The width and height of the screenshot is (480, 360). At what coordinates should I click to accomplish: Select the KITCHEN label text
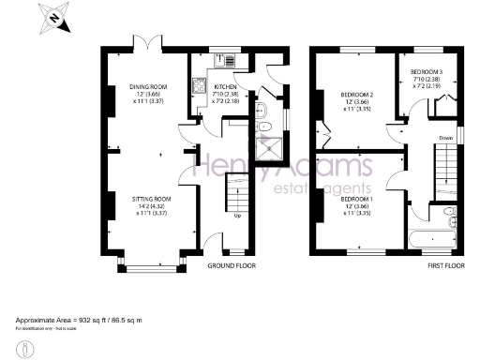click(224, 86)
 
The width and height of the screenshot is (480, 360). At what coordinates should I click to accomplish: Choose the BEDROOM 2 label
click(357, 94)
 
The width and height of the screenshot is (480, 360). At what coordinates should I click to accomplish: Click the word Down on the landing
click(446, 139)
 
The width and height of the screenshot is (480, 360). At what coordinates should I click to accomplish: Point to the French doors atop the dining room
click(147, 45)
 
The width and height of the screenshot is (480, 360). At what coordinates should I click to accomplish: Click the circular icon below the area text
click(30, 349)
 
